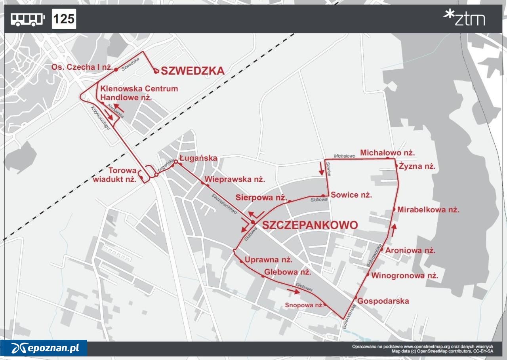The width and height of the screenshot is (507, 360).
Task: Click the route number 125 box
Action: (x=64, y=19)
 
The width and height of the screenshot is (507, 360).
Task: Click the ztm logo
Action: (x=464, y=18)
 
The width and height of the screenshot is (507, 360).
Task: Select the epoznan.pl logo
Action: (x=44, y=348)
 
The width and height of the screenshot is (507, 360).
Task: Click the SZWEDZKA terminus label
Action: (x=193, y=71)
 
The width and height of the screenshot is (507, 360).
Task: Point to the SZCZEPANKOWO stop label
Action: (x=310, y=225)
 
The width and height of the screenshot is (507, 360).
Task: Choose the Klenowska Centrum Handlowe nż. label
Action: (x=139, y=93)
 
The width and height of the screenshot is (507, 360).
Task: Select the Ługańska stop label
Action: (x=198, y=158)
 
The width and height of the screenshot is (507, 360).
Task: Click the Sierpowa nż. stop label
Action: (x=261, y=197)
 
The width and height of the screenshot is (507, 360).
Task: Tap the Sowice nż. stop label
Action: (x=351, y=195)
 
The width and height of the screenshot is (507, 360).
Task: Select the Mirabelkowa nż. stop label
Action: (x=428, y=210)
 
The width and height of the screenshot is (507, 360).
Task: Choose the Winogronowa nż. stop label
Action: (x=404, y=276)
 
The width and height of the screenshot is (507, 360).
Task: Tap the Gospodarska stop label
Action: (x=383, y=301)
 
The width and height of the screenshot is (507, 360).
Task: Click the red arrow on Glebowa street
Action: (x=293, y=291)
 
